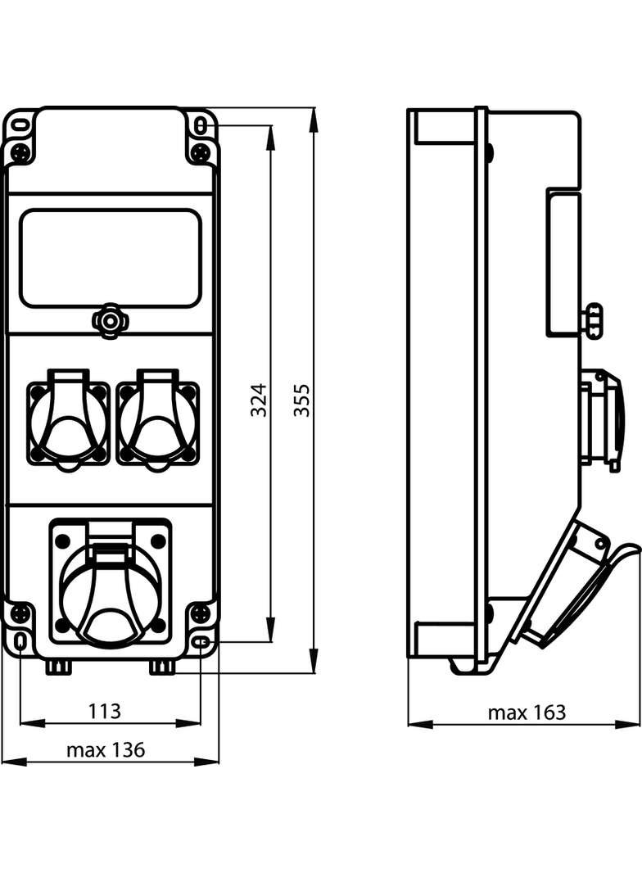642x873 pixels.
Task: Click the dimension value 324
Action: point(259,400)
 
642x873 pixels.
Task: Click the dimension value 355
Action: point(302,400)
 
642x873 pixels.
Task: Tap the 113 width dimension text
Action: point(105,711)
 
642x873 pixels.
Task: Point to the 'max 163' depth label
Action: point(527,712)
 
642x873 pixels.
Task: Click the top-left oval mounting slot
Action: point(20,125)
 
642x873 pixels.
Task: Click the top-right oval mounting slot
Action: point(201,124)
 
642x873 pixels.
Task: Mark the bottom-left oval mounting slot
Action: point(20,644)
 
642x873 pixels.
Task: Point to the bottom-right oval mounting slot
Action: point(201,644)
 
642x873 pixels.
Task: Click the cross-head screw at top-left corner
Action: point(21,152)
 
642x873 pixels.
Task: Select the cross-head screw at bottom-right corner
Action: point(199,612)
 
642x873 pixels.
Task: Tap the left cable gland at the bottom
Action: point(58,667)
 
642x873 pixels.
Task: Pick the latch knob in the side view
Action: point(593,318)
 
